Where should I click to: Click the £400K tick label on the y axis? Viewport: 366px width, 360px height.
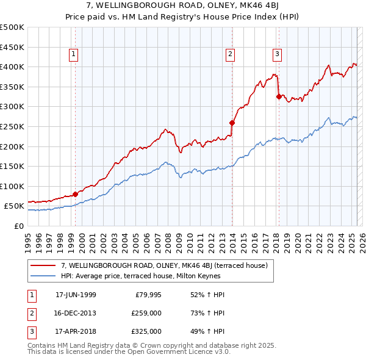12,67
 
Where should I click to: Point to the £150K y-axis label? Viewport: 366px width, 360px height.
12,166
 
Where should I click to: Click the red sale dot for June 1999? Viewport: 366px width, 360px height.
76,195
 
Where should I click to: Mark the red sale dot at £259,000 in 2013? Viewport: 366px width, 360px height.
232,123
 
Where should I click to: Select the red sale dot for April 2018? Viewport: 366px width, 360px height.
279,96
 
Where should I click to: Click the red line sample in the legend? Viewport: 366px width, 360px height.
43,265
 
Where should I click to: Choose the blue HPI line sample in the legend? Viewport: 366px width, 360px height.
43,275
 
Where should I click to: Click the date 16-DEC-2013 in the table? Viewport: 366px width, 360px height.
76,313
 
